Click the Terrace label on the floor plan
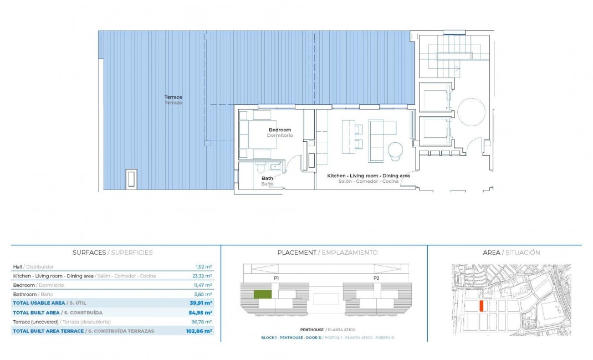point(173,97)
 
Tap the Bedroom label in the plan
point(280,130)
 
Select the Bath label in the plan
point(267,178)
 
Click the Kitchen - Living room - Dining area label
point(368,176)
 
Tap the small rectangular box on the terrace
point(131,178)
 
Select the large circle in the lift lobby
point(471,111)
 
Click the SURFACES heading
point(89,253)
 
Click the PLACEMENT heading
point(296,253)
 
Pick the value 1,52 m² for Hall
point(205,267)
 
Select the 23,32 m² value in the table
point(203,276)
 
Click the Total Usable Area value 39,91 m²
point(201,303)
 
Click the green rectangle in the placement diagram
point(263,295)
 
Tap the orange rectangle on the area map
point(481,306)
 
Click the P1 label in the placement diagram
point(276,278)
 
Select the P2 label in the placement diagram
point(376,278)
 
